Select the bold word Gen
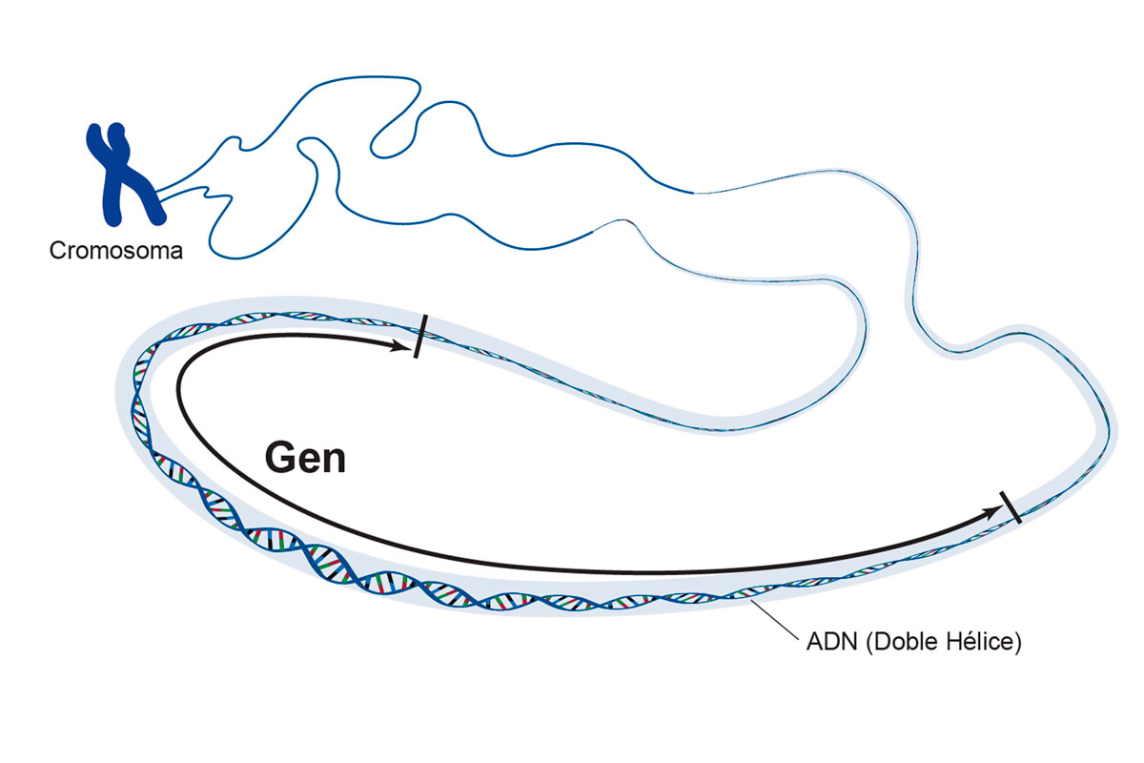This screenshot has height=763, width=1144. pyautogui.click(x=305, y=459)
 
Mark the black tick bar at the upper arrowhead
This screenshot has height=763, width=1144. pyautogui.click(x=419, y=336)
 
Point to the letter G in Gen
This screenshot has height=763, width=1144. pyautogui.click(x=279, y=459)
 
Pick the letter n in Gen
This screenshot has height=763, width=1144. pyautogui.click(x=333, y=462)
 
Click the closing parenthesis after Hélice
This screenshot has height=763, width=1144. pyautogui.click(x=1017, y=643)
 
